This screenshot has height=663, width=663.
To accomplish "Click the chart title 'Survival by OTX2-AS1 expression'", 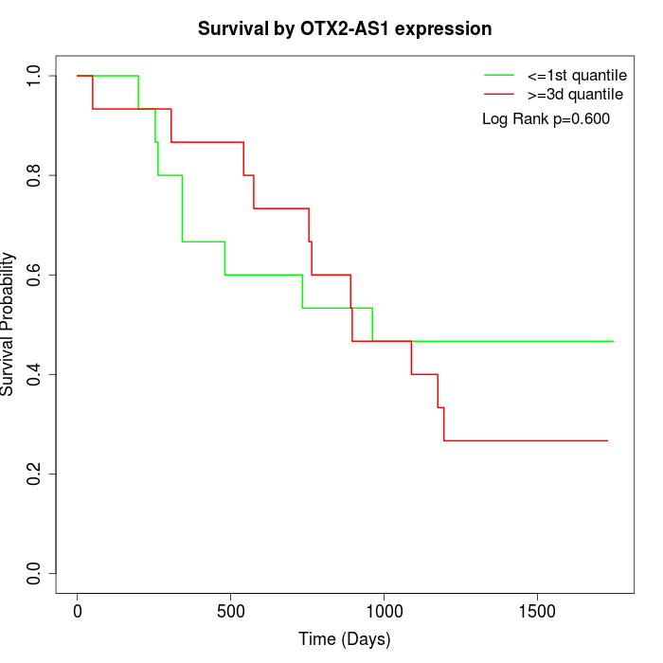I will [x=345, y=28].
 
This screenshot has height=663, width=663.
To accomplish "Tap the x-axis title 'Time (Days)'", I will [x=345, y=639].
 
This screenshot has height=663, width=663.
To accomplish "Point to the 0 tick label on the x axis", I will [x=78, y=612].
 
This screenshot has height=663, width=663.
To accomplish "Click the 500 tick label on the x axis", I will [x=230, y=612].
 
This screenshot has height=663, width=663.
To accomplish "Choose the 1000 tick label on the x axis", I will [x=384, y=612].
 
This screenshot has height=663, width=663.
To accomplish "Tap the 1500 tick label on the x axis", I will [x=537, y=612].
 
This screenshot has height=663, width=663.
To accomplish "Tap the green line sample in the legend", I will [x=499, y=75].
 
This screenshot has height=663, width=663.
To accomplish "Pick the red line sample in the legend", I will [x=499, y=95].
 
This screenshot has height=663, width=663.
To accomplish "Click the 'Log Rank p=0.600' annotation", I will [x=546, y=119].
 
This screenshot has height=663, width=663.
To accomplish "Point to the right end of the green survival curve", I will [x=613, y=341].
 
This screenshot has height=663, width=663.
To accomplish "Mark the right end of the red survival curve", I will [x=607, y=440].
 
